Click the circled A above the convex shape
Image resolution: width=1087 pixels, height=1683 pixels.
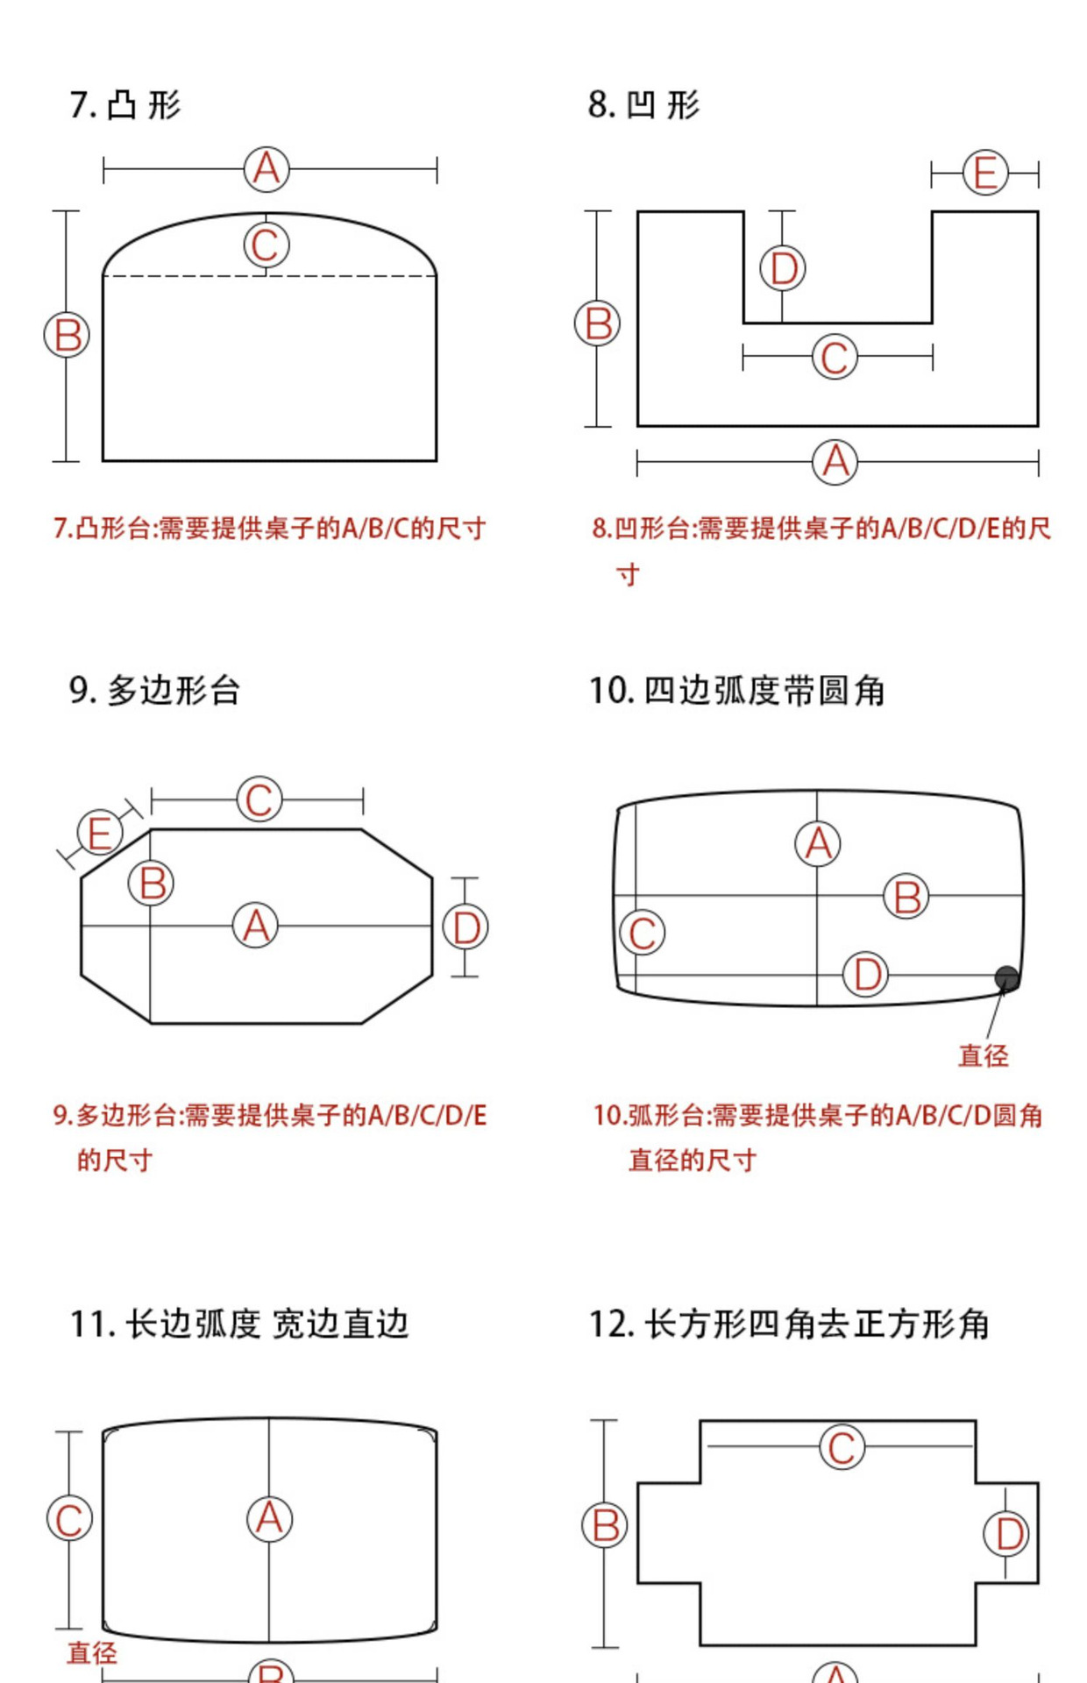point(266,169)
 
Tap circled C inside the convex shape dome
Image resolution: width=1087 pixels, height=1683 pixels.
point(266,245)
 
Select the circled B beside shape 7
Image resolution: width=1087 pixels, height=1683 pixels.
point(67,336)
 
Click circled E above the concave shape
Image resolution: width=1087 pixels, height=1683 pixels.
point(985,173)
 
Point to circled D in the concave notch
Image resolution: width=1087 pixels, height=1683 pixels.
point(783,268)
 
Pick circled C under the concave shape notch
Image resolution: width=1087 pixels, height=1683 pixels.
point(835,358)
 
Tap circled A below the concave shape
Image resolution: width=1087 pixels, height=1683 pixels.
point(835,462)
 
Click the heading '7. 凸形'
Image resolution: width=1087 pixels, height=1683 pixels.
point(125,105)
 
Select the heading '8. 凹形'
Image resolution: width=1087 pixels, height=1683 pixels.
point(643,105)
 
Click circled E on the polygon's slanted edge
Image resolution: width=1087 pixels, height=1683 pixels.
point(99,833)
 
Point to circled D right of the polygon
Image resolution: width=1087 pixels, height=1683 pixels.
point(465,927)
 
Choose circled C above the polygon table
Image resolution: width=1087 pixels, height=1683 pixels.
point(259,799)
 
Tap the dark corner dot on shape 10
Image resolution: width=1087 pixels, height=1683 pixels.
point(1006,978)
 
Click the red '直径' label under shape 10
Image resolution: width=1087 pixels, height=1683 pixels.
point(984,1055)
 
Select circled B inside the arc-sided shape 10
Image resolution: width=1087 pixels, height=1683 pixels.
point(906,897)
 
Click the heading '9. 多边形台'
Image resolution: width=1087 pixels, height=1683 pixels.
point(154,691)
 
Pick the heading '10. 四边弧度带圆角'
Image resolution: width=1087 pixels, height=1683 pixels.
point(736,691)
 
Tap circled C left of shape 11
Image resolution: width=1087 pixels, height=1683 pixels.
point(69,1520)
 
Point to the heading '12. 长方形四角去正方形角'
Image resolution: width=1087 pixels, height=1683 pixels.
point(789,1324)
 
